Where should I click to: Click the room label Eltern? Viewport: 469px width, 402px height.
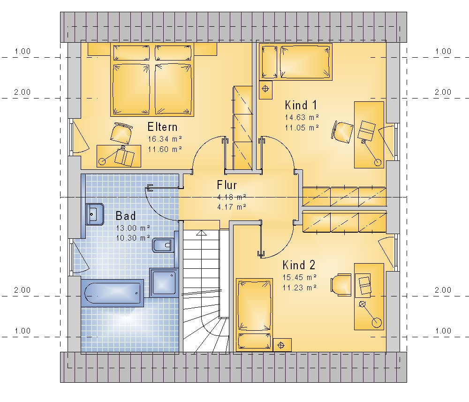click(x=162, y=127)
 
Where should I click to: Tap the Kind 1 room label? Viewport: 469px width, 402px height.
click(x=301, y=105)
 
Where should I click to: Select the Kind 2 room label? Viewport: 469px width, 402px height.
click(x=299, y=265)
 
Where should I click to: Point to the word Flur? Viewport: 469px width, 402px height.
click(x=227, y=185)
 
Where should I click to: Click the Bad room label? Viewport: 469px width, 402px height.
click(x=126, y=216)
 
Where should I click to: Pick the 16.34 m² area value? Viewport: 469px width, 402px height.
click(x=165, y=139)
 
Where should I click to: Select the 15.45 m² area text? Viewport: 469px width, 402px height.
click(x=300, y=277)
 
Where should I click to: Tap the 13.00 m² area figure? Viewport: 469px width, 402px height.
click(x=133, y=228)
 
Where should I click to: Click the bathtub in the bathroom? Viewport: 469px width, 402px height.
click(x=113, y=293)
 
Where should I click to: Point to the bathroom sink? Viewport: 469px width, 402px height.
click(x=95, y=214)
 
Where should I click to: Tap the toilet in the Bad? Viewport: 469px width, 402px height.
click(x=163, y=246)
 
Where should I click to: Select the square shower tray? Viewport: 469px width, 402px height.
click(x=164, y=282)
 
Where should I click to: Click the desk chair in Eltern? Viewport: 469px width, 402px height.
click(x=121, y=133)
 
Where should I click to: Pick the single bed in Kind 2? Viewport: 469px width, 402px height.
click(x=254, y=315)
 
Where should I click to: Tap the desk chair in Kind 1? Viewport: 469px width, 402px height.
click(x=342, y=132)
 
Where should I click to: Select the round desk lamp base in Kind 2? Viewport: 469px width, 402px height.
click(x=377, y=322)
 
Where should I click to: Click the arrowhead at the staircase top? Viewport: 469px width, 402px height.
click(x=202, y=233)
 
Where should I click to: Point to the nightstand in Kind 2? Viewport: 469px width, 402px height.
click(x=282, y=345)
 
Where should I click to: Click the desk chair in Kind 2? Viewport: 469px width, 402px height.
click(x=341, y=284)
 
